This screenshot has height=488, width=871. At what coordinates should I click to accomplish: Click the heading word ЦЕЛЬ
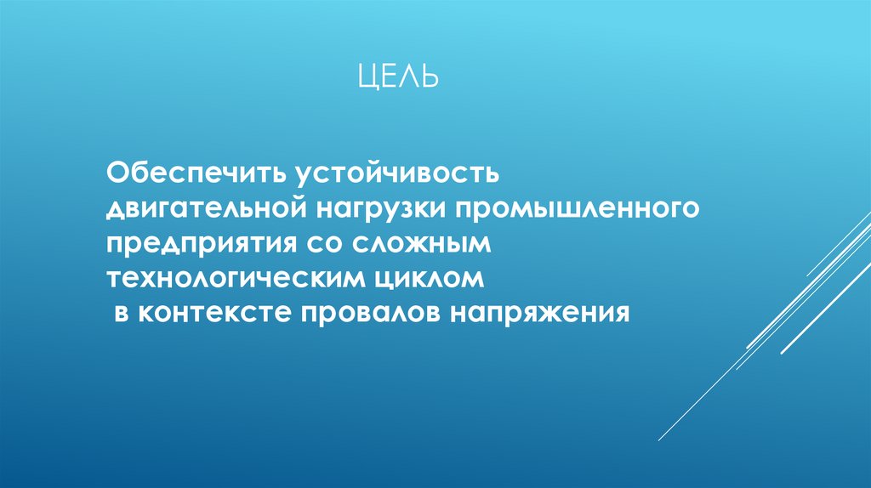tap(396, 77)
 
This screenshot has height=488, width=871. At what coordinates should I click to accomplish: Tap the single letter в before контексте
tap(121, 314)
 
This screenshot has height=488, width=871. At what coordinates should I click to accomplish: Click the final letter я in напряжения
tap(622, 314)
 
